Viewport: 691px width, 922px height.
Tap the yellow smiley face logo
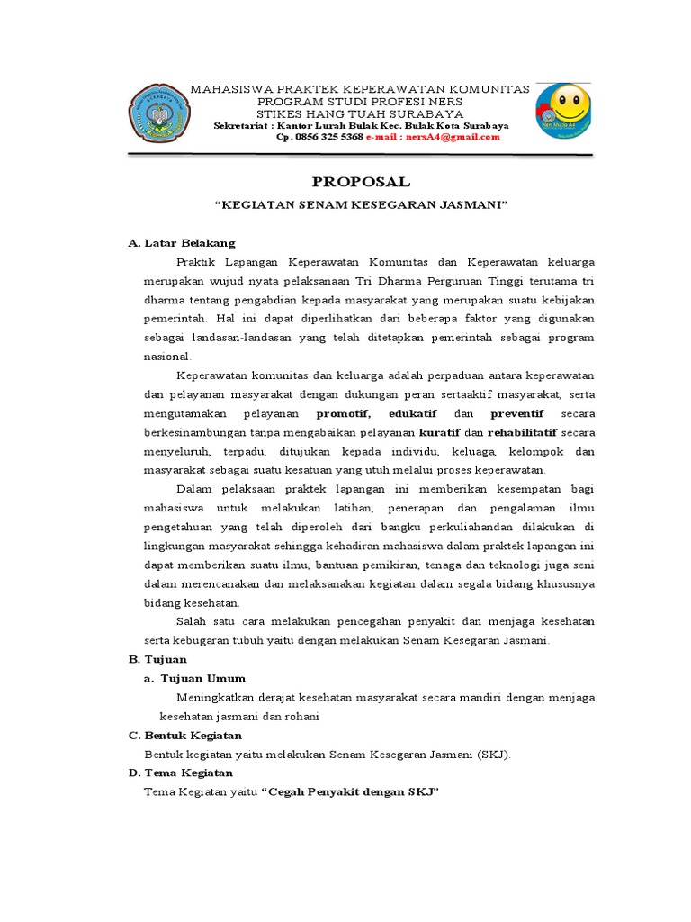point(564,112)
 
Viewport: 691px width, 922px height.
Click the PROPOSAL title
point(361,181)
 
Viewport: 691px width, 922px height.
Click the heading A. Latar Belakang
point(182,243)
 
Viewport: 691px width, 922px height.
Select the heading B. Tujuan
point(157,659)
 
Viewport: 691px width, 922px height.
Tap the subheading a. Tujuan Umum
point(194,678)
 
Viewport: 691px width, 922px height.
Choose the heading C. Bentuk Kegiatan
point(185,735)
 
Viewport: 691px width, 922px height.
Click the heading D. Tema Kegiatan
point(181,773)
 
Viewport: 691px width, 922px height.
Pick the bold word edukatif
point(413,413)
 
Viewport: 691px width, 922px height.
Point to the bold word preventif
point(516,413)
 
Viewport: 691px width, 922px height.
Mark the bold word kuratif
point(439,432)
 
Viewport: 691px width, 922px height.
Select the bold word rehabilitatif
point(522,432)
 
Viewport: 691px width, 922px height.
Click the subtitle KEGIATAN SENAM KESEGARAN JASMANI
point(361,205)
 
